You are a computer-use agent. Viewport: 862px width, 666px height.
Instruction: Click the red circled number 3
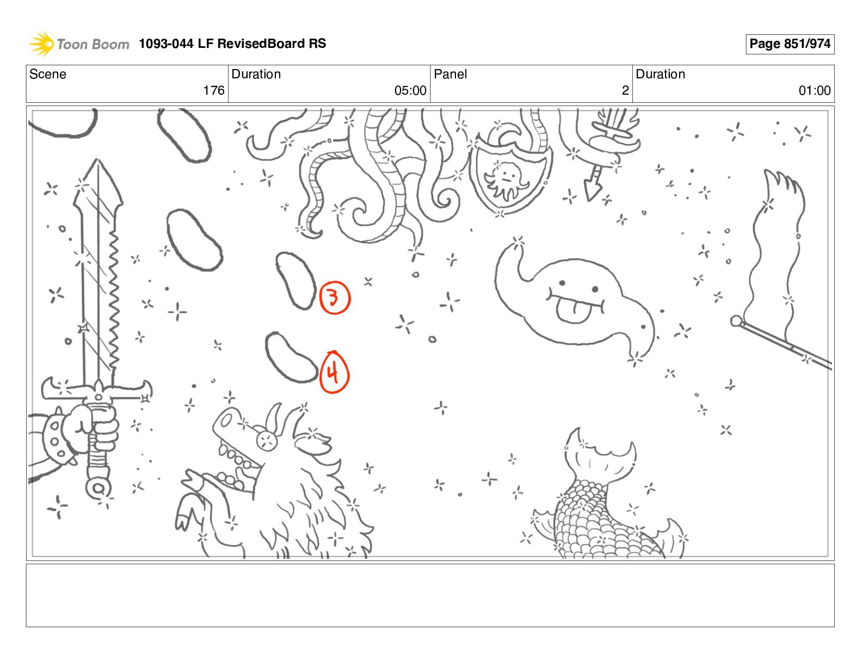coord(335,298)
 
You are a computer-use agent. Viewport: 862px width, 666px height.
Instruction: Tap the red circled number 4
coord(334,372)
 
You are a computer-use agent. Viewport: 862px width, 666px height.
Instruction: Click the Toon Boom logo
coord(78,44)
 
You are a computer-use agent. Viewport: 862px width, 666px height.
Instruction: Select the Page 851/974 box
coord(790,44)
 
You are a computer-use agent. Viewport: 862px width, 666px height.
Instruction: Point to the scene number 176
coord(213,90)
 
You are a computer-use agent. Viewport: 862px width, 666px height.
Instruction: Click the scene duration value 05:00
coord(410,90)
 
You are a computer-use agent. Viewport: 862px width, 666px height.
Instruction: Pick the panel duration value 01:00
coord(815,90)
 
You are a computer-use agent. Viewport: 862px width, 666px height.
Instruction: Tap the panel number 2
coord(625,90)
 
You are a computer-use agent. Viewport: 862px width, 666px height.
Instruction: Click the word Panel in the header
coord(450,74)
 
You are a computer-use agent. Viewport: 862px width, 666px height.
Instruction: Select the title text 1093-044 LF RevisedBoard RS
coord(232,43)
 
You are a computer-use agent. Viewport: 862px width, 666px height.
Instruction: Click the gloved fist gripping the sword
coord(92,428)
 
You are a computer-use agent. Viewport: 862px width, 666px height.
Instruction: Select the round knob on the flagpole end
coord(736,320)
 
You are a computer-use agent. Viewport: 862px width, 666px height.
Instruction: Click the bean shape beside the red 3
coord(296,280)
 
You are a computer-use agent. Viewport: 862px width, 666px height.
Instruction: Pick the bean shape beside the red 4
coord(290,357)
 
